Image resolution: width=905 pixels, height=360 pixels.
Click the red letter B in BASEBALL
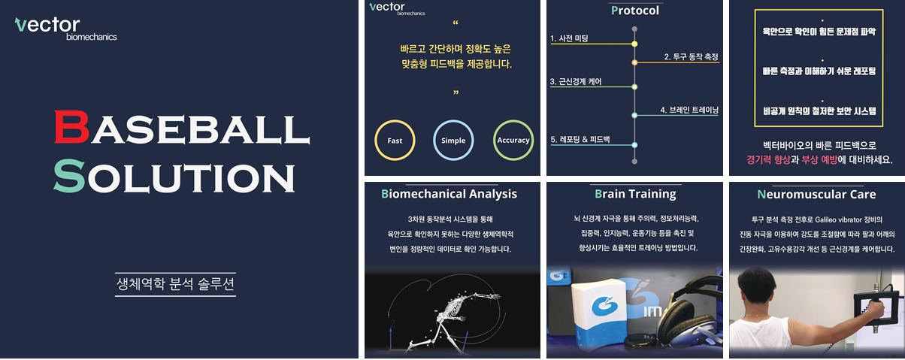point(71,126)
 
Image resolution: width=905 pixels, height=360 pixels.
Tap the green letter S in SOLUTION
point(69,175)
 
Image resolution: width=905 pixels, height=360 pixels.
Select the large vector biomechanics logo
point(66,29)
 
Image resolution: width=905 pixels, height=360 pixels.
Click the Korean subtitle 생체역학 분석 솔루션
point(175,283)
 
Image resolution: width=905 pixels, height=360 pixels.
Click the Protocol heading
point(634,11)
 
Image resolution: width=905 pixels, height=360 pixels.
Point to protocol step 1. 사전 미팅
point(569,38)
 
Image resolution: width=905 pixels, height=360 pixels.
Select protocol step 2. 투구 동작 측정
point(691,57)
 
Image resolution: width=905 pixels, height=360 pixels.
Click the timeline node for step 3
point(634,87)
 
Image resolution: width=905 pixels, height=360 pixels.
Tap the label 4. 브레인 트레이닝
point(689,110)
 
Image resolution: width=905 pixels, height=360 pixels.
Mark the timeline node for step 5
point(634,144)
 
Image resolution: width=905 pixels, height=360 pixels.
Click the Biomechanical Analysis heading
point(449,194)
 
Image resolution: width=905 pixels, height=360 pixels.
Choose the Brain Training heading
point(635,194)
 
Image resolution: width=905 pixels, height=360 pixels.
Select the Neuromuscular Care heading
point(816,195)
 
